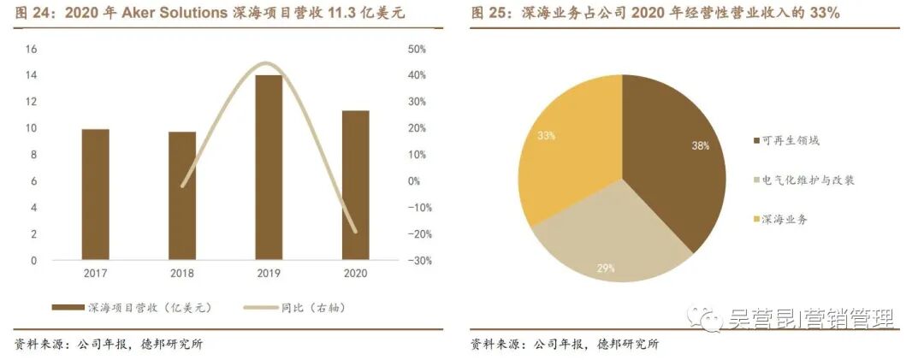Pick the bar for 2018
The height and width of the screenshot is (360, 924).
coord(181,196)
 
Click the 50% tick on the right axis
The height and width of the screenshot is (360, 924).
coord(394,49)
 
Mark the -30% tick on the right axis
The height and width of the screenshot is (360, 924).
coord(395,261)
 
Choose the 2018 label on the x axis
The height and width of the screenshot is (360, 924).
coord(181,275)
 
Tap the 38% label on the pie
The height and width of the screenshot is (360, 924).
coord(700,145)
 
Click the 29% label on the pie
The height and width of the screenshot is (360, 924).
coord(606,269)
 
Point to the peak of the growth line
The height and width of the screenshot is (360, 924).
coord(267,63)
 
